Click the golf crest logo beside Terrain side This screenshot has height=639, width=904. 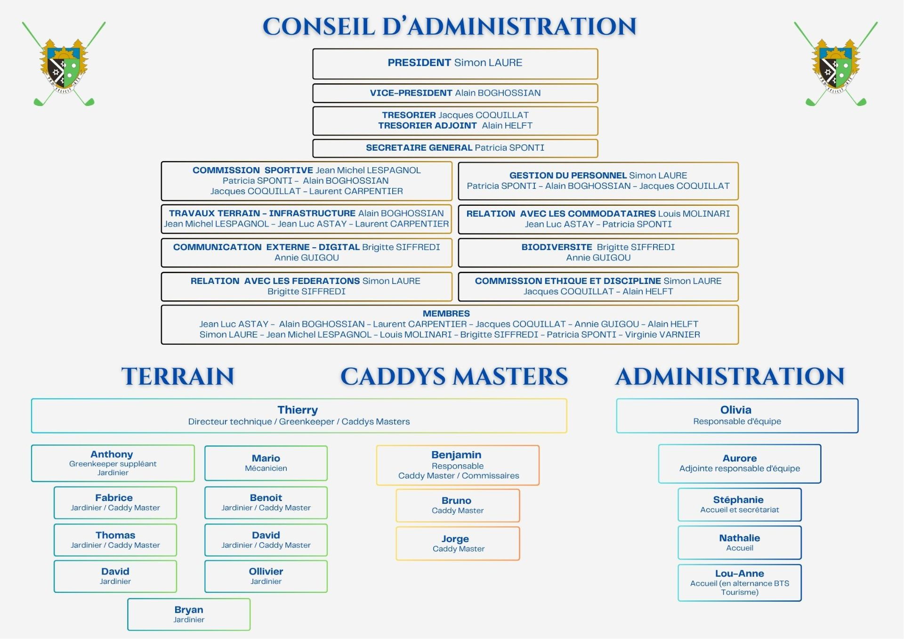(x=64, y=64)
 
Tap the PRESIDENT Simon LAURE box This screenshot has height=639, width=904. (x=455, y=63)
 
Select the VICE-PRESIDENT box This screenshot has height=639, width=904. (x=455, y=93)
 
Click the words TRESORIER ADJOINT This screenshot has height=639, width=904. (x=427, y=126)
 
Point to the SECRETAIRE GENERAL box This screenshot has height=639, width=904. (x=455, y=148)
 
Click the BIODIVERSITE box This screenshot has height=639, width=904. (x=598, y=252)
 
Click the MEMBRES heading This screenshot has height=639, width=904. (x=446, y=314)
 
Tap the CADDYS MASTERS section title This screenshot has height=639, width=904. (x=454, y=377)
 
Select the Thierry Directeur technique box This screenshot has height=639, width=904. (x=299, y=415)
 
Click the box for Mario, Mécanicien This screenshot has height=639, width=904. (x=266, y=463)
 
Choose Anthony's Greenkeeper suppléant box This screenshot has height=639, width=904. (x=113, y=463)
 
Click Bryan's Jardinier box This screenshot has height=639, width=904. (x=189, y=614)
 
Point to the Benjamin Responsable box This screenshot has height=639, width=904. (x=458, y=465)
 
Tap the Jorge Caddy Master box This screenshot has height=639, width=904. (x=458, y=543)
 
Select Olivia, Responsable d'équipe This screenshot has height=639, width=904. (x=737, y=415)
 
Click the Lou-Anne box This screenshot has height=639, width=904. (x=739, y=582)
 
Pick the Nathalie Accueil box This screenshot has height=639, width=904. (x=739, y=542)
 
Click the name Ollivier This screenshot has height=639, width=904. (x=266, y=572)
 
